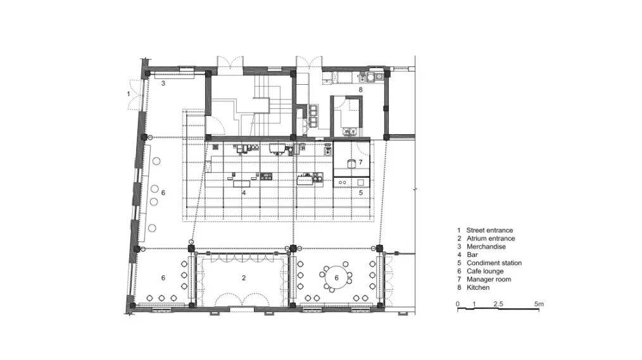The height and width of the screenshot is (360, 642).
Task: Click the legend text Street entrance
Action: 489,230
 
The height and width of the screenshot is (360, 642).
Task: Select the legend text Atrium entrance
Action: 491,239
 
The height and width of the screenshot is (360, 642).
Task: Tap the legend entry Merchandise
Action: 486,247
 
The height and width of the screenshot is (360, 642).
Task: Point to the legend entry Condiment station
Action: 494,263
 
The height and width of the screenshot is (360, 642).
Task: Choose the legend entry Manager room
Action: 489,280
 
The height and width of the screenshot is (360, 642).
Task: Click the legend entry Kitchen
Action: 478,288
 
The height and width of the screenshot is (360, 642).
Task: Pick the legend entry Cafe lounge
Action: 485,271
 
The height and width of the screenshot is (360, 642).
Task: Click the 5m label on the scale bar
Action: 539,304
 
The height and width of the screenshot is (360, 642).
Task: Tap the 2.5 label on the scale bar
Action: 498,304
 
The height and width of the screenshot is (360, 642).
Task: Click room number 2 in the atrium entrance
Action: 244,278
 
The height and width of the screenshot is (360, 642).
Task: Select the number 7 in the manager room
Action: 360,163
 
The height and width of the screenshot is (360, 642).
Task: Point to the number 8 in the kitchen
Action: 360,90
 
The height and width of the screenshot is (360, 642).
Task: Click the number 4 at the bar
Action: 244,193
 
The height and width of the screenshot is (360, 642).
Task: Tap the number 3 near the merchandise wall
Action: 163,84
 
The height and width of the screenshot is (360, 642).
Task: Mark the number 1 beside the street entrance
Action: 128,94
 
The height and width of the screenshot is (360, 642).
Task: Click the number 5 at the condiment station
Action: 361,193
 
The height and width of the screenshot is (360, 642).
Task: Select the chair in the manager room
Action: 351,164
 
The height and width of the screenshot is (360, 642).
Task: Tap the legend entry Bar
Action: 472,255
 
